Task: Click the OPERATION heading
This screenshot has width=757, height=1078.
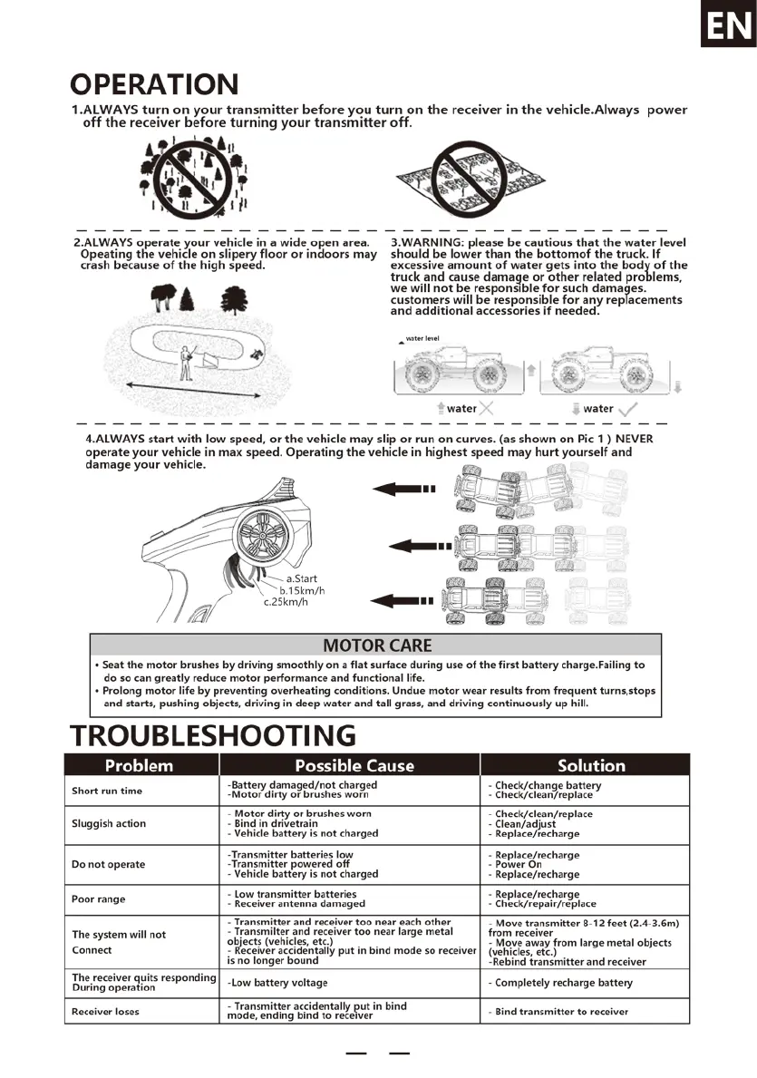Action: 155,84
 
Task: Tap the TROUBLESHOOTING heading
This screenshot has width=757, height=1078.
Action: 212,734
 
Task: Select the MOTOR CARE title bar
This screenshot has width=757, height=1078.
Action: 377,646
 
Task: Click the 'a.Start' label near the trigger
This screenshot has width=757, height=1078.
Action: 301,578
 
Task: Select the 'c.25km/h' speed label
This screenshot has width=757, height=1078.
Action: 286,601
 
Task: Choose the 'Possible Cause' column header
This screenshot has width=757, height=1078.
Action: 354,765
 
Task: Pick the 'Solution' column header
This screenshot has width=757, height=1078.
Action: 591,765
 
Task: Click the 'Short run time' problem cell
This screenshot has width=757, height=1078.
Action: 107,791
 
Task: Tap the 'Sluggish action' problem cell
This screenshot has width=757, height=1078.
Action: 109,823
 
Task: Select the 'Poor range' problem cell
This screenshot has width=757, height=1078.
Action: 99,899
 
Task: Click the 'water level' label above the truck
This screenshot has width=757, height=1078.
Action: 422,338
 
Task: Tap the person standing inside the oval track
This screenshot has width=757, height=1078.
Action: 188,362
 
